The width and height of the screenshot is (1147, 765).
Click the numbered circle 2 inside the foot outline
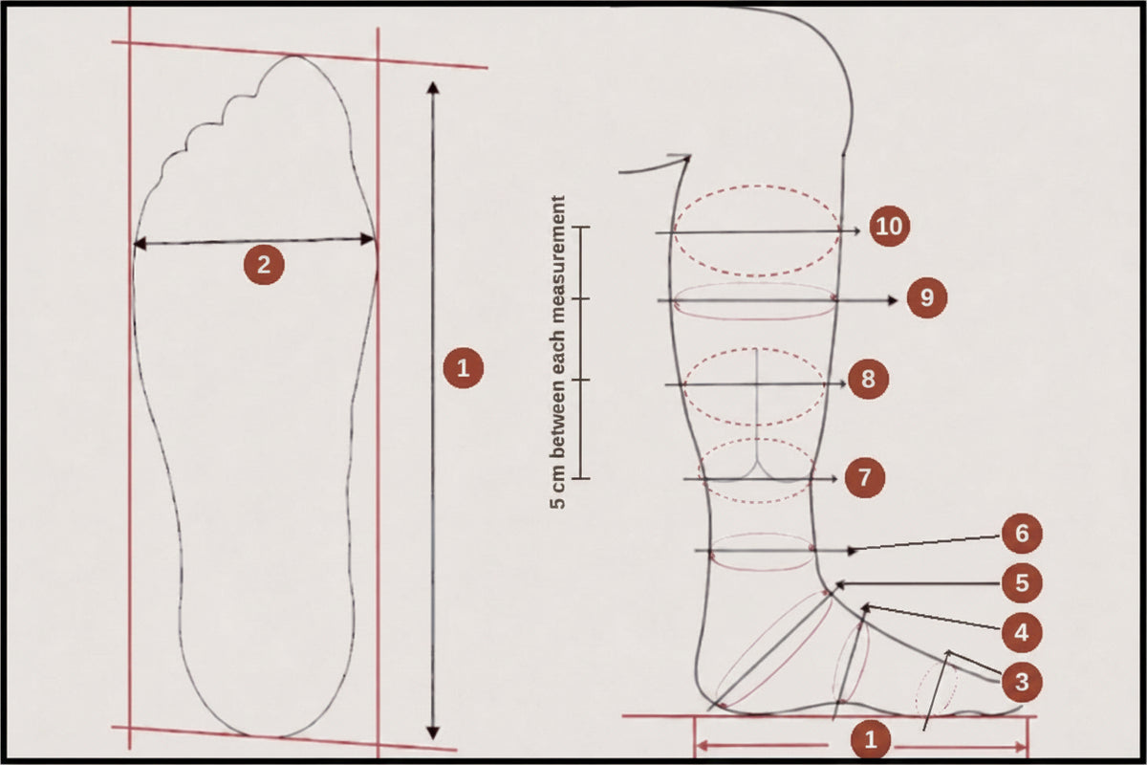[264, 265]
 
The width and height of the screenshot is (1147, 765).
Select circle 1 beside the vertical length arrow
[463, 368]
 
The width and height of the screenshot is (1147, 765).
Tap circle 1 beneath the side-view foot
[870, 740]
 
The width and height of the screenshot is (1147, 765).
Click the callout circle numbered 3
[1022, 682]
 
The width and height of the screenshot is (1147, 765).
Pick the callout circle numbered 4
[1021, 633]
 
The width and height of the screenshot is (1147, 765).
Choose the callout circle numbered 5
[1022, 583]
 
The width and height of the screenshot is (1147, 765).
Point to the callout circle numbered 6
[1022, 534]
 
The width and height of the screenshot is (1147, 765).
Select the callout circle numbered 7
[864, 477]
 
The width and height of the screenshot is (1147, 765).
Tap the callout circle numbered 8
[868, 380]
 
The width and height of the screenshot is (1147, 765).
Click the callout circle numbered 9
[927, 297]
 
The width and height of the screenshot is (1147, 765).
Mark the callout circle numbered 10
[889, 226]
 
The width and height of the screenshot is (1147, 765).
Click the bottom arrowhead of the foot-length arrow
[433, 733]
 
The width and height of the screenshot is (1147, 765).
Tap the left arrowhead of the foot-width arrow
[140, 244]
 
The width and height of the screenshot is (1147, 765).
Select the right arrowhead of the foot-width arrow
[368, 239]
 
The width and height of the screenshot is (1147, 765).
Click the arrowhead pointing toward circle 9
[893, 300]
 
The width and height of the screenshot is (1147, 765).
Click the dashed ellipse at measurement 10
[756, 275]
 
